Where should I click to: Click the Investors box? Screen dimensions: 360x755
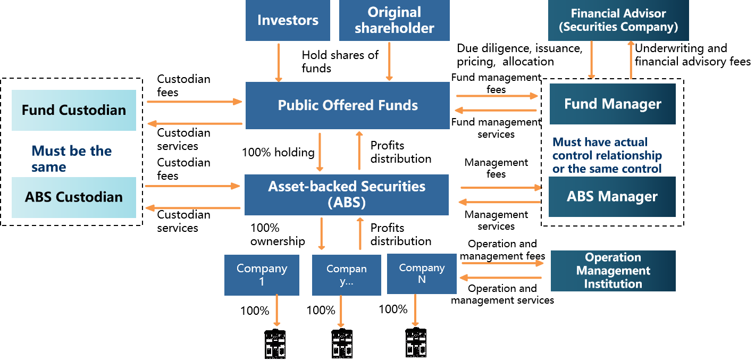(288, 20)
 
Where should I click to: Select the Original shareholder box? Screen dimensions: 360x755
(394, 20)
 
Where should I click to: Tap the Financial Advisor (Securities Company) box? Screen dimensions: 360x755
(618, 20)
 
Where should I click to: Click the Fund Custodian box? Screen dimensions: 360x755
(74, 110)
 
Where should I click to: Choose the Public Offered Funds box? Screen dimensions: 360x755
(347, 105)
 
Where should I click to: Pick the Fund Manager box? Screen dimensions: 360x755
(613, 104)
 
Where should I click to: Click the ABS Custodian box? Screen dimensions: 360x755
(74, 197)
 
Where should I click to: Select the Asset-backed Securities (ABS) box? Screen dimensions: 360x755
(346, 195)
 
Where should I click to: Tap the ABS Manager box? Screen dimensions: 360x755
(612, 197)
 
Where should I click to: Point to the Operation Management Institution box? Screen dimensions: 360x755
(613, 271)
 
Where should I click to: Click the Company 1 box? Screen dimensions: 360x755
(262, 275)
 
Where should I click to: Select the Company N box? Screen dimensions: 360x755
(422, 273)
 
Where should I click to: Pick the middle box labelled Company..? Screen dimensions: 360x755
(346, 275)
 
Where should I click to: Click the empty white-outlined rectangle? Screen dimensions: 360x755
(197, 140)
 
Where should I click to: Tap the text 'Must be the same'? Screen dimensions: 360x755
(72, 158)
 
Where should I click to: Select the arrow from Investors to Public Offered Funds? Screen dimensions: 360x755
(278, 62)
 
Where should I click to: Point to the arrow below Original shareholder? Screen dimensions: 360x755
(389, 61)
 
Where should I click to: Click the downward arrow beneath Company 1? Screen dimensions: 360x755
(276, 311)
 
